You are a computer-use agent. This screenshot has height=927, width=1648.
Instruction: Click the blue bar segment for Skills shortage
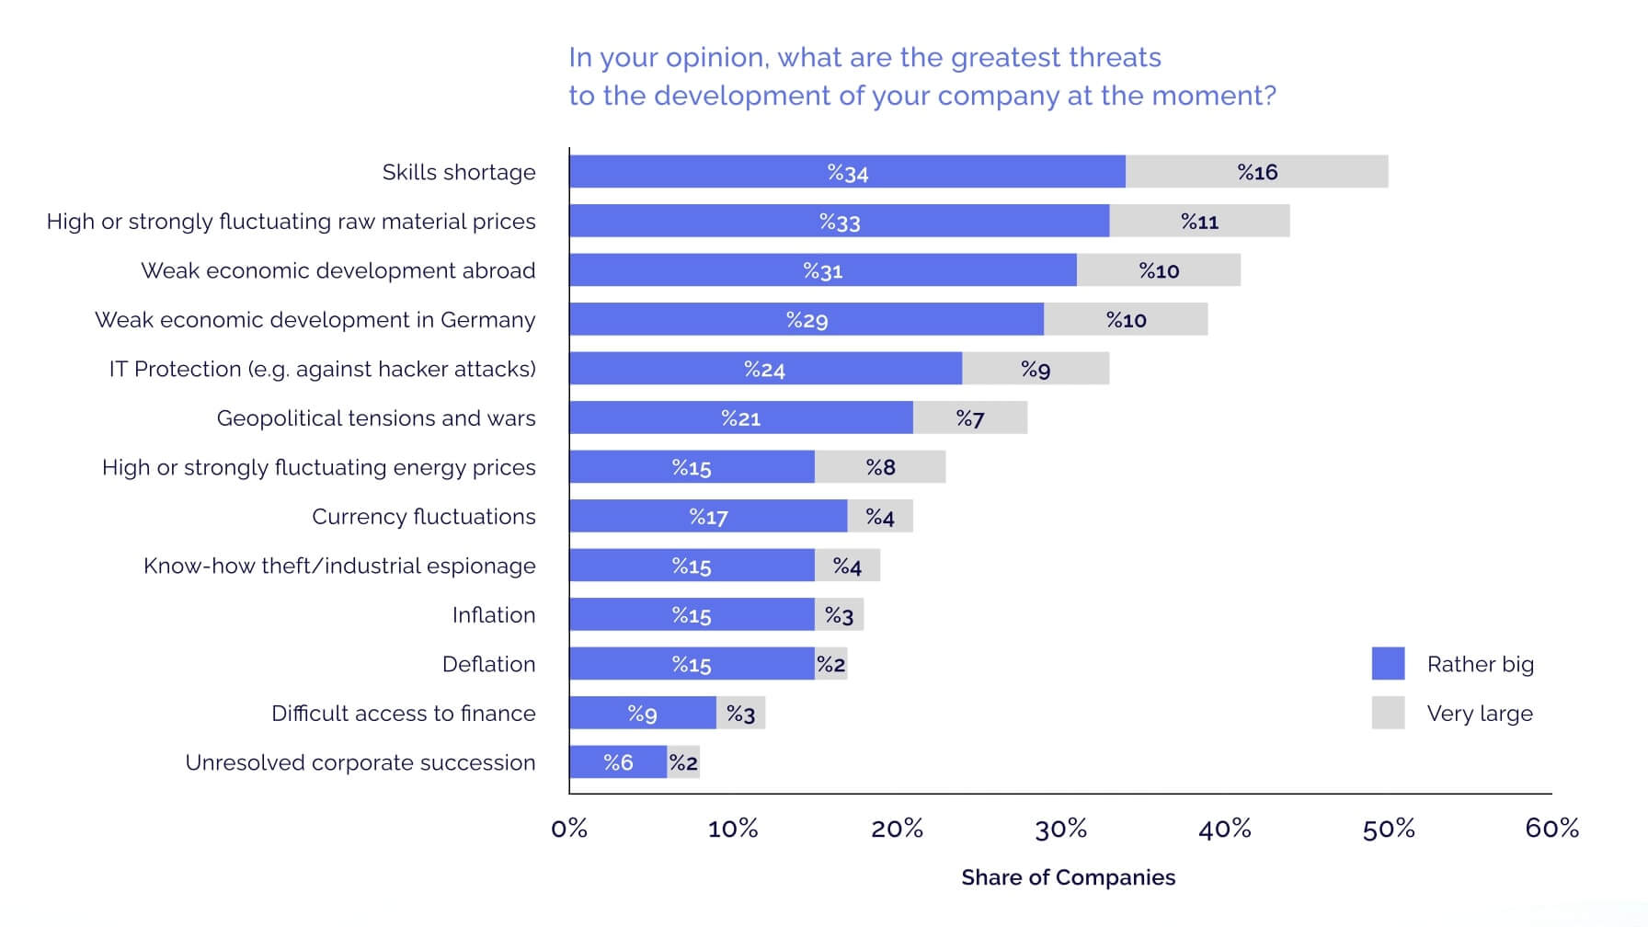coord(847,172)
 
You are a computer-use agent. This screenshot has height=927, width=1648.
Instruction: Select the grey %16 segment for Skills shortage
coord(1256,172)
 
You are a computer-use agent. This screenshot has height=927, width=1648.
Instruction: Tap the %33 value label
coord(840,222)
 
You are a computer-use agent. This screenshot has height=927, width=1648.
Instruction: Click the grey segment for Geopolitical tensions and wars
coord(970,418)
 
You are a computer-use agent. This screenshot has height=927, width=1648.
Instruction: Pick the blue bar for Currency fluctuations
coord(708,517)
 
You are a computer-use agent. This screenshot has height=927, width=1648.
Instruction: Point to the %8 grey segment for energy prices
coord(880,467)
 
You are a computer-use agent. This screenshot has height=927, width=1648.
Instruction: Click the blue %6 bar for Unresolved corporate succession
coord(618,762)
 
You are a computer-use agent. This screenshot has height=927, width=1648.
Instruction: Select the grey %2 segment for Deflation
coord(831,664)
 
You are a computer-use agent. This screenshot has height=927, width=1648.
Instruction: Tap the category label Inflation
coord(493,615)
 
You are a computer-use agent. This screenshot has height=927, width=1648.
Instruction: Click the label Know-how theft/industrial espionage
coord(339,566)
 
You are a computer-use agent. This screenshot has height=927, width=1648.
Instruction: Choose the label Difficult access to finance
coord(403,714)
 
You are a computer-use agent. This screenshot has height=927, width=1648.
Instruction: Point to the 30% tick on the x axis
coord(1061,829)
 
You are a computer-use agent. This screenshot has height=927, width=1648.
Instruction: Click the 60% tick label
coord(1551,829)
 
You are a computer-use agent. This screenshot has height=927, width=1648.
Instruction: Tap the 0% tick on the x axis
coord(569,829)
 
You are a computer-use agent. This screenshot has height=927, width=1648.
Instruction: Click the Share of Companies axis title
coord(1068,877)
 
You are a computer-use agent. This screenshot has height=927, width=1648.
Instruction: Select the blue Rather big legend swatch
coord(1388,664)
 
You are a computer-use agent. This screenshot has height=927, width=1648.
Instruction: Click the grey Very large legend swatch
coord(1388,713)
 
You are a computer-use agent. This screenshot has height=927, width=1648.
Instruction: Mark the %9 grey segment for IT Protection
coord(1036,369)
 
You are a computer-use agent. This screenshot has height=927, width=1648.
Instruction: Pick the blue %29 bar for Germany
coord(807,320)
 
